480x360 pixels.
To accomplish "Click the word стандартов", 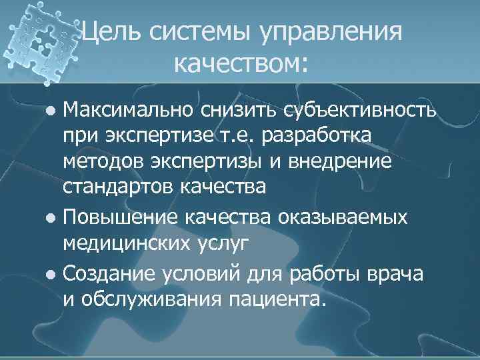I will click(118, 187).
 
